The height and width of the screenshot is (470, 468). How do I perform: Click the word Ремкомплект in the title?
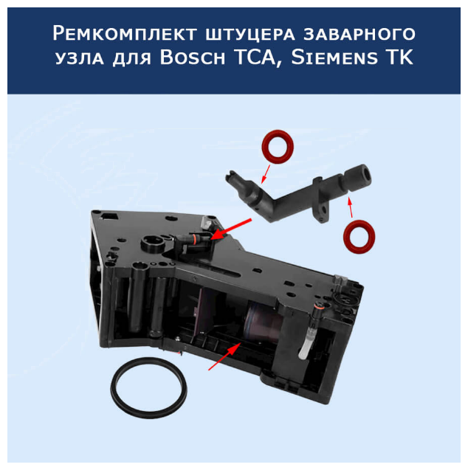(x=125, y=33)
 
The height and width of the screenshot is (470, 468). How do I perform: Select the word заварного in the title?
(x=359, y=33)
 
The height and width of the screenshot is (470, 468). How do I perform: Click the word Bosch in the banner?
(x=192, y=57)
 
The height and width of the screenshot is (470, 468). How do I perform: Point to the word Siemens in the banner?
(x=334, y=57)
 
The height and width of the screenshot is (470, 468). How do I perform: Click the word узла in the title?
(x=80, y=58)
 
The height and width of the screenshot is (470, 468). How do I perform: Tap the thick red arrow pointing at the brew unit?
(x=230, y=229)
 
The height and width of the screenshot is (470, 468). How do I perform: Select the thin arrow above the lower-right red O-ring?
(x=350, y=207)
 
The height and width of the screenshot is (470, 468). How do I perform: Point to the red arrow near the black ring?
(x=224, y=356)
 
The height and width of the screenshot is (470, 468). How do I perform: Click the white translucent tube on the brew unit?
(x=305, y=343)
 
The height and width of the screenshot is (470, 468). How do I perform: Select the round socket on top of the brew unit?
(x=153, y=243)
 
